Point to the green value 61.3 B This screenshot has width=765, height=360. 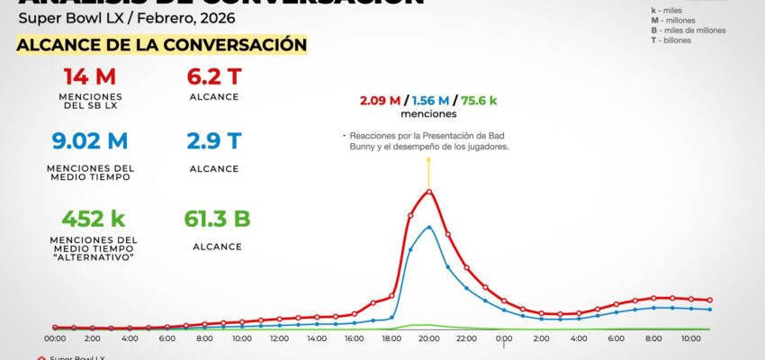point(215,219)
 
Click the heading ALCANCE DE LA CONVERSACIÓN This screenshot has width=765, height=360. point(162,44)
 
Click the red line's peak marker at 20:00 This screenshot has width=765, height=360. point(428,191)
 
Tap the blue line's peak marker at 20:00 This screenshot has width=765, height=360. point(428,227)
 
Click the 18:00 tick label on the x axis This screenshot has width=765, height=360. point(391,338)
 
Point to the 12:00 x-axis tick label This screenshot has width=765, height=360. point(279,338)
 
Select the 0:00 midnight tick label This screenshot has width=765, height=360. point(504,338)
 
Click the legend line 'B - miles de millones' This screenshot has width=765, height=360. point(688,30)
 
